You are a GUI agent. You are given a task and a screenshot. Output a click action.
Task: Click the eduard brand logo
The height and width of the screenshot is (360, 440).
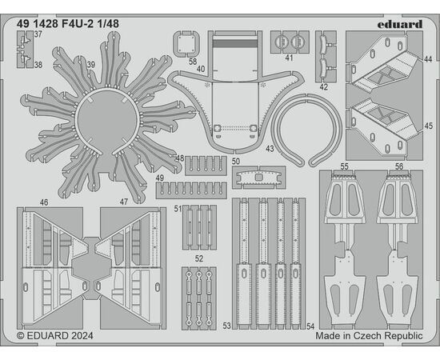click(x=399, y=24)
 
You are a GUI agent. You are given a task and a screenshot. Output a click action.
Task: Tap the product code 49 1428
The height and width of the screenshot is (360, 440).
click(x=38, y=24)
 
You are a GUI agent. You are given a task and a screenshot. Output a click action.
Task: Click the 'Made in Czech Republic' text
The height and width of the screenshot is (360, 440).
click(x=369, y=335)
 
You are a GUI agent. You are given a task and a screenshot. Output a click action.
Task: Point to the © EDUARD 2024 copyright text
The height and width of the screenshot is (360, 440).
click(x=55, y=335)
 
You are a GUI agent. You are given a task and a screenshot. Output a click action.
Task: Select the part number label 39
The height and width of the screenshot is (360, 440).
click(x=91, y=65)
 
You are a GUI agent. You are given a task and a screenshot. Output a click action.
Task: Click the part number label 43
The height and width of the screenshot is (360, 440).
click(x=270, y=149)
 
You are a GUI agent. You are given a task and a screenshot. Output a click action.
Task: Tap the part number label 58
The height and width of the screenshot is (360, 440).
click(x=193, y=62)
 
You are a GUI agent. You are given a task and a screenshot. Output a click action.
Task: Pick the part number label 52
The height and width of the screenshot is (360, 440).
click(x=199, y=258)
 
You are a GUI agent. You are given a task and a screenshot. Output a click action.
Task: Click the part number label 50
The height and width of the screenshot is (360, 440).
click(x=236, y=162)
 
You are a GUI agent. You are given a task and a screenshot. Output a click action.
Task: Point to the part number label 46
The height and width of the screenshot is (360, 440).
click(x=44, y=202)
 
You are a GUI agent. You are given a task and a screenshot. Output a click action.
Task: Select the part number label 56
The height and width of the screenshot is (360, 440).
click(x=399, y=166)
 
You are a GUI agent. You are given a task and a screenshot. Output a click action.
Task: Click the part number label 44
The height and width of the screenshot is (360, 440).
click(x=428, y=59)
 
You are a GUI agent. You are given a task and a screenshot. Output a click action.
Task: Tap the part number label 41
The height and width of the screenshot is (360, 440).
click(x=289, y=58)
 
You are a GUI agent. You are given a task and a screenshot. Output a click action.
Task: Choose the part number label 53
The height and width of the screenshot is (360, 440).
click(x=226, y=326)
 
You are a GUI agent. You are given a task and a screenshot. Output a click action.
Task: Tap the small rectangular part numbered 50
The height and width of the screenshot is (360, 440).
click(x=258, y=178)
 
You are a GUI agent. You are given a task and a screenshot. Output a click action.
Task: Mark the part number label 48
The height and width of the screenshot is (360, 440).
click(x=180, y=158)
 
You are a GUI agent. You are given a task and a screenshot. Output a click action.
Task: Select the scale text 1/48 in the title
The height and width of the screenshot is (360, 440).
click(x=108, y=24)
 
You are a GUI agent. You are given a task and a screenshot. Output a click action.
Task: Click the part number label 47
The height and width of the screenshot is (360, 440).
click(x=124, y=202)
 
